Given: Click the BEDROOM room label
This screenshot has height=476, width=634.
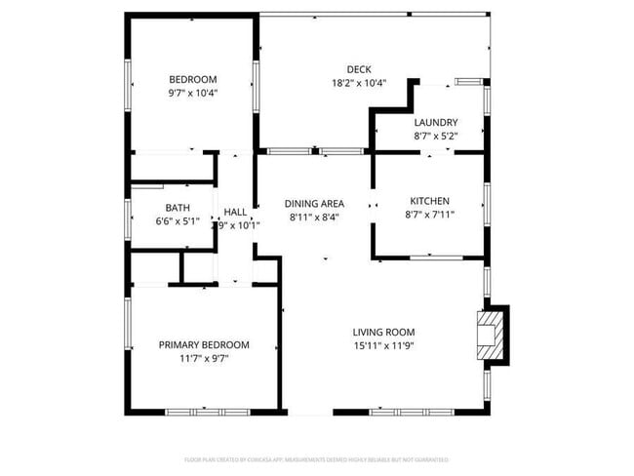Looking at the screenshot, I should point(192,80).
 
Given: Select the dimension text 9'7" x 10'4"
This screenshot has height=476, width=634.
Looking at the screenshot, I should point(192,94).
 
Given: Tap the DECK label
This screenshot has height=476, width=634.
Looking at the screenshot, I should point(358,69).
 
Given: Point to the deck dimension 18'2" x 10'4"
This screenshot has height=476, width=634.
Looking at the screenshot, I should point(358,83).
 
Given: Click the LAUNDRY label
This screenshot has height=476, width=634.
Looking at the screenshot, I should point(435,123).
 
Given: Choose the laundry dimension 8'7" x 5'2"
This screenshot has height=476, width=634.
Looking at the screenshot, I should point(435,137).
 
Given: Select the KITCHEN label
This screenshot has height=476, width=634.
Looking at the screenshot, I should point(429,200).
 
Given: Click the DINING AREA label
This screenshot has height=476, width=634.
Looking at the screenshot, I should point(314,204).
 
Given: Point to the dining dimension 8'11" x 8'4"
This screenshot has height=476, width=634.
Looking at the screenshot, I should point(314,218).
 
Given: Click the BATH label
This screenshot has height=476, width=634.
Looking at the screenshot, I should point(177,208).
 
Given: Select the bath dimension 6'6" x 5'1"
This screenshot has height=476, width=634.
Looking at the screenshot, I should point(177,221).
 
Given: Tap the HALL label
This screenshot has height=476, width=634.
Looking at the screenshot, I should point(235,212).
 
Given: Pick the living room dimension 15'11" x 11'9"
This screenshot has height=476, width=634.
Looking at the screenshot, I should point(387,345).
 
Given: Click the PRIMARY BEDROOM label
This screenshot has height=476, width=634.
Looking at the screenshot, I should point(204,344).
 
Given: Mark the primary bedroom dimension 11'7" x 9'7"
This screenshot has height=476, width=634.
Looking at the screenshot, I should point(204,358).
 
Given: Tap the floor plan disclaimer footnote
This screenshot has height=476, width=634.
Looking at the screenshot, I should point(317,458).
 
